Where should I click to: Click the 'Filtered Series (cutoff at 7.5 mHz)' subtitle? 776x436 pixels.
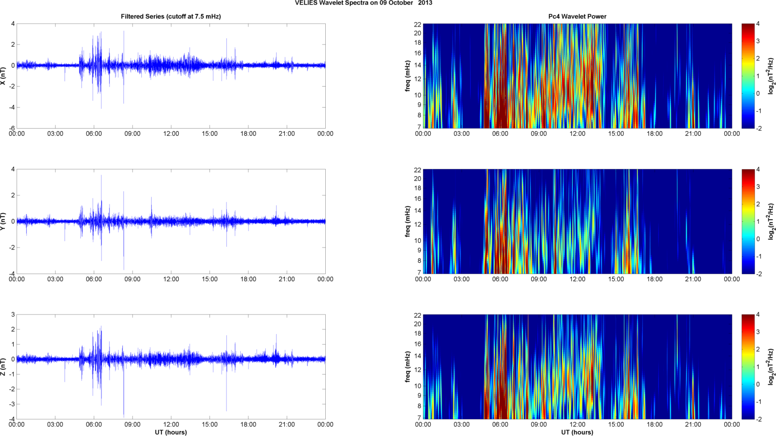171,16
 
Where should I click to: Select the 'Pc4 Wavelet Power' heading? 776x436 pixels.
577,16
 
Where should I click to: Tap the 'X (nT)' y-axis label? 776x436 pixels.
4,76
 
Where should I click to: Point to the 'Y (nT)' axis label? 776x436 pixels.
4,221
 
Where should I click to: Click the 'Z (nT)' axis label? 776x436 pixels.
4,367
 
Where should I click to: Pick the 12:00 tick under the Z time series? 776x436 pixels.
171,424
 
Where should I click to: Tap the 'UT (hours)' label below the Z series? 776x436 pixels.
171,432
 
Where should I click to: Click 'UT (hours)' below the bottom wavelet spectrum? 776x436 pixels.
577,432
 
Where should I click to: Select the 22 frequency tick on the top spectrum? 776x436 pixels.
417,24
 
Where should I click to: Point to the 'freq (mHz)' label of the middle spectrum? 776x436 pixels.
407,221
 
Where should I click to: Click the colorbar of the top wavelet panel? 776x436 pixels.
748,76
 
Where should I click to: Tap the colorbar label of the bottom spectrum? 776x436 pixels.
771,367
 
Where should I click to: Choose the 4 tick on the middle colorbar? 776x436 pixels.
758,170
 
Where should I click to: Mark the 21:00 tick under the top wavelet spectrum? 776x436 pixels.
693,134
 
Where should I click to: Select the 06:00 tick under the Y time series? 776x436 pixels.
94,279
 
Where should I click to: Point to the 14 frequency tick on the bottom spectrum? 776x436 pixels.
417,356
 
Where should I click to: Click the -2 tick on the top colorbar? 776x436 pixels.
759,128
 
